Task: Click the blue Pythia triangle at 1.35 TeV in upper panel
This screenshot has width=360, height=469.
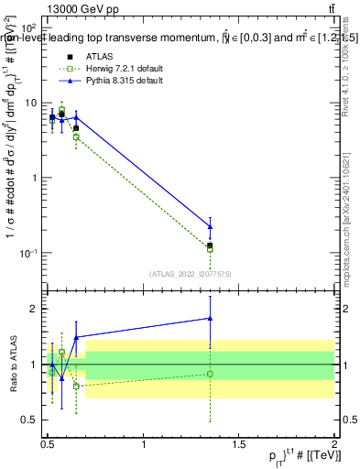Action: (x=211, y=226)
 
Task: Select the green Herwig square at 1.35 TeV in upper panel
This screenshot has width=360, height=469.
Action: (x=211, y=249)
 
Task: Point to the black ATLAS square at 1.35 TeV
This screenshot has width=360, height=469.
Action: (x=211, y=245)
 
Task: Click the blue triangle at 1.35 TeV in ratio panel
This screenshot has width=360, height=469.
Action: (x=211, y=319)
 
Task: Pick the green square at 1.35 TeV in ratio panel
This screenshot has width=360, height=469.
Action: (x=211, y=374)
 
